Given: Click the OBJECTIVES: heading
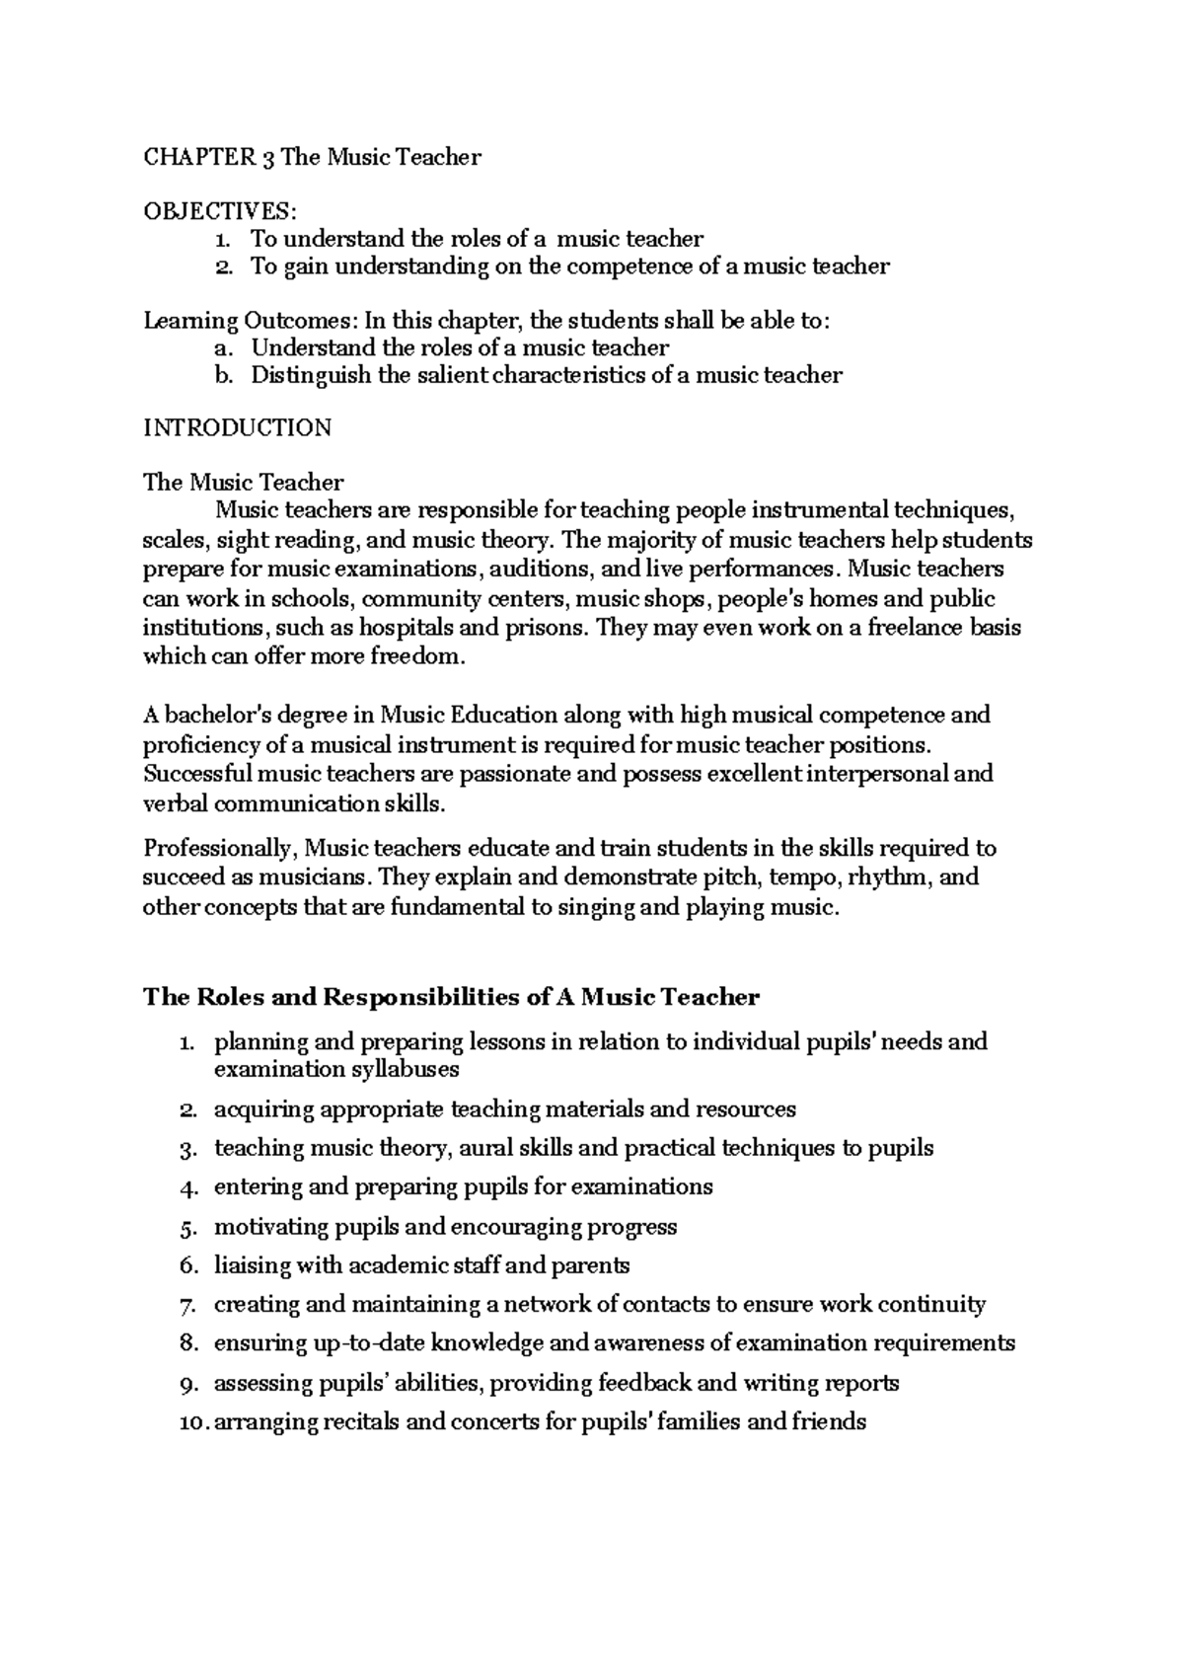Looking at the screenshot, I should (219, 211).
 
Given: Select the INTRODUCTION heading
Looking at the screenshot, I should (238, 427).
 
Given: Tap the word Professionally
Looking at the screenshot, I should (220, 848).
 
